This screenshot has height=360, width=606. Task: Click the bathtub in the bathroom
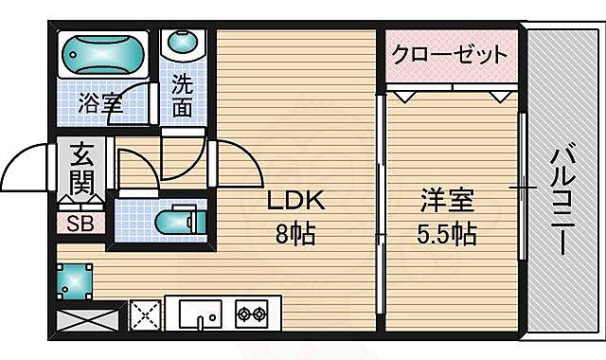102,54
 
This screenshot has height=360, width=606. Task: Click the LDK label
296,203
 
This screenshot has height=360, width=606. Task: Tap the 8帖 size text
296,232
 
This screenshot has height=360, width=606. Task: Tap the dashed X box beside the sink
145,314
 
